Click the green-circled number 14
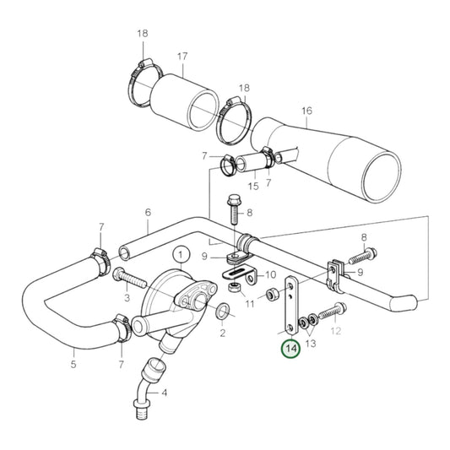[290, 348]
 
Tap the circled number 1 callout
[180, 252]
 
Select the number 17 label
[181, 57]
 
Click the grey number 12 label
[336, 331]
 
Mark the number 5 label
[73, 364]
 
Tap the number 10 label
[271, 275]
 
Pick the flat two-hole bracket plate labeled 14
[290, 305]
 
